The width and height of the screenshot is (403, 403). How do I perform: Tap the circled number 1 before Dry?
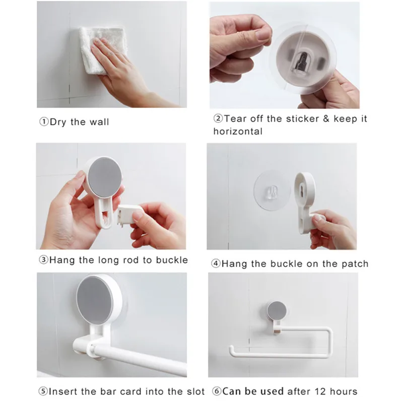click(44, 121)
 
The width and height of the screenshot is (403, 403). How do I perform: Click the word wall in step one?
click(99, 121)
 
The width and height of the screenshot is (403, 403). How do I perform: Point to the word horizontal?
click(238, 131)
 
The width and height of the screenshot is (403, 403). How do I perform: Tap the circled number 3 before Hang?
click(43, 260)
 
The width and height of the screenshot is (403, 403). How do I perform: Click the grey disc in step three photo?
click(105, 177)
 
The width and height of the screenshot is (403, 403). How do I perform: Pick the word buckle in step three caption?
click(172, 260)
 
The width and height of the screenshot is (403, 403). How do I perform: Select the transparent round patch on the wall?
click(272, 190)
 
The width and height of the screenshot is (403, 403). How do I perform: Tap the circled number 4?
click(216, 263)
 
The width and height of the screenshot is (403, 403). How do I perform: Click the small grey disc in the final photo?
click(277, 310)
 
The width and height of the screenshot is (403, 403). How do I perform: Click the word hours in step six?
click(344, 391)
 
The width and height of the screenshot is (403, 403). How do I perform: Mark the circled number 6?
click(217, 391)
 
